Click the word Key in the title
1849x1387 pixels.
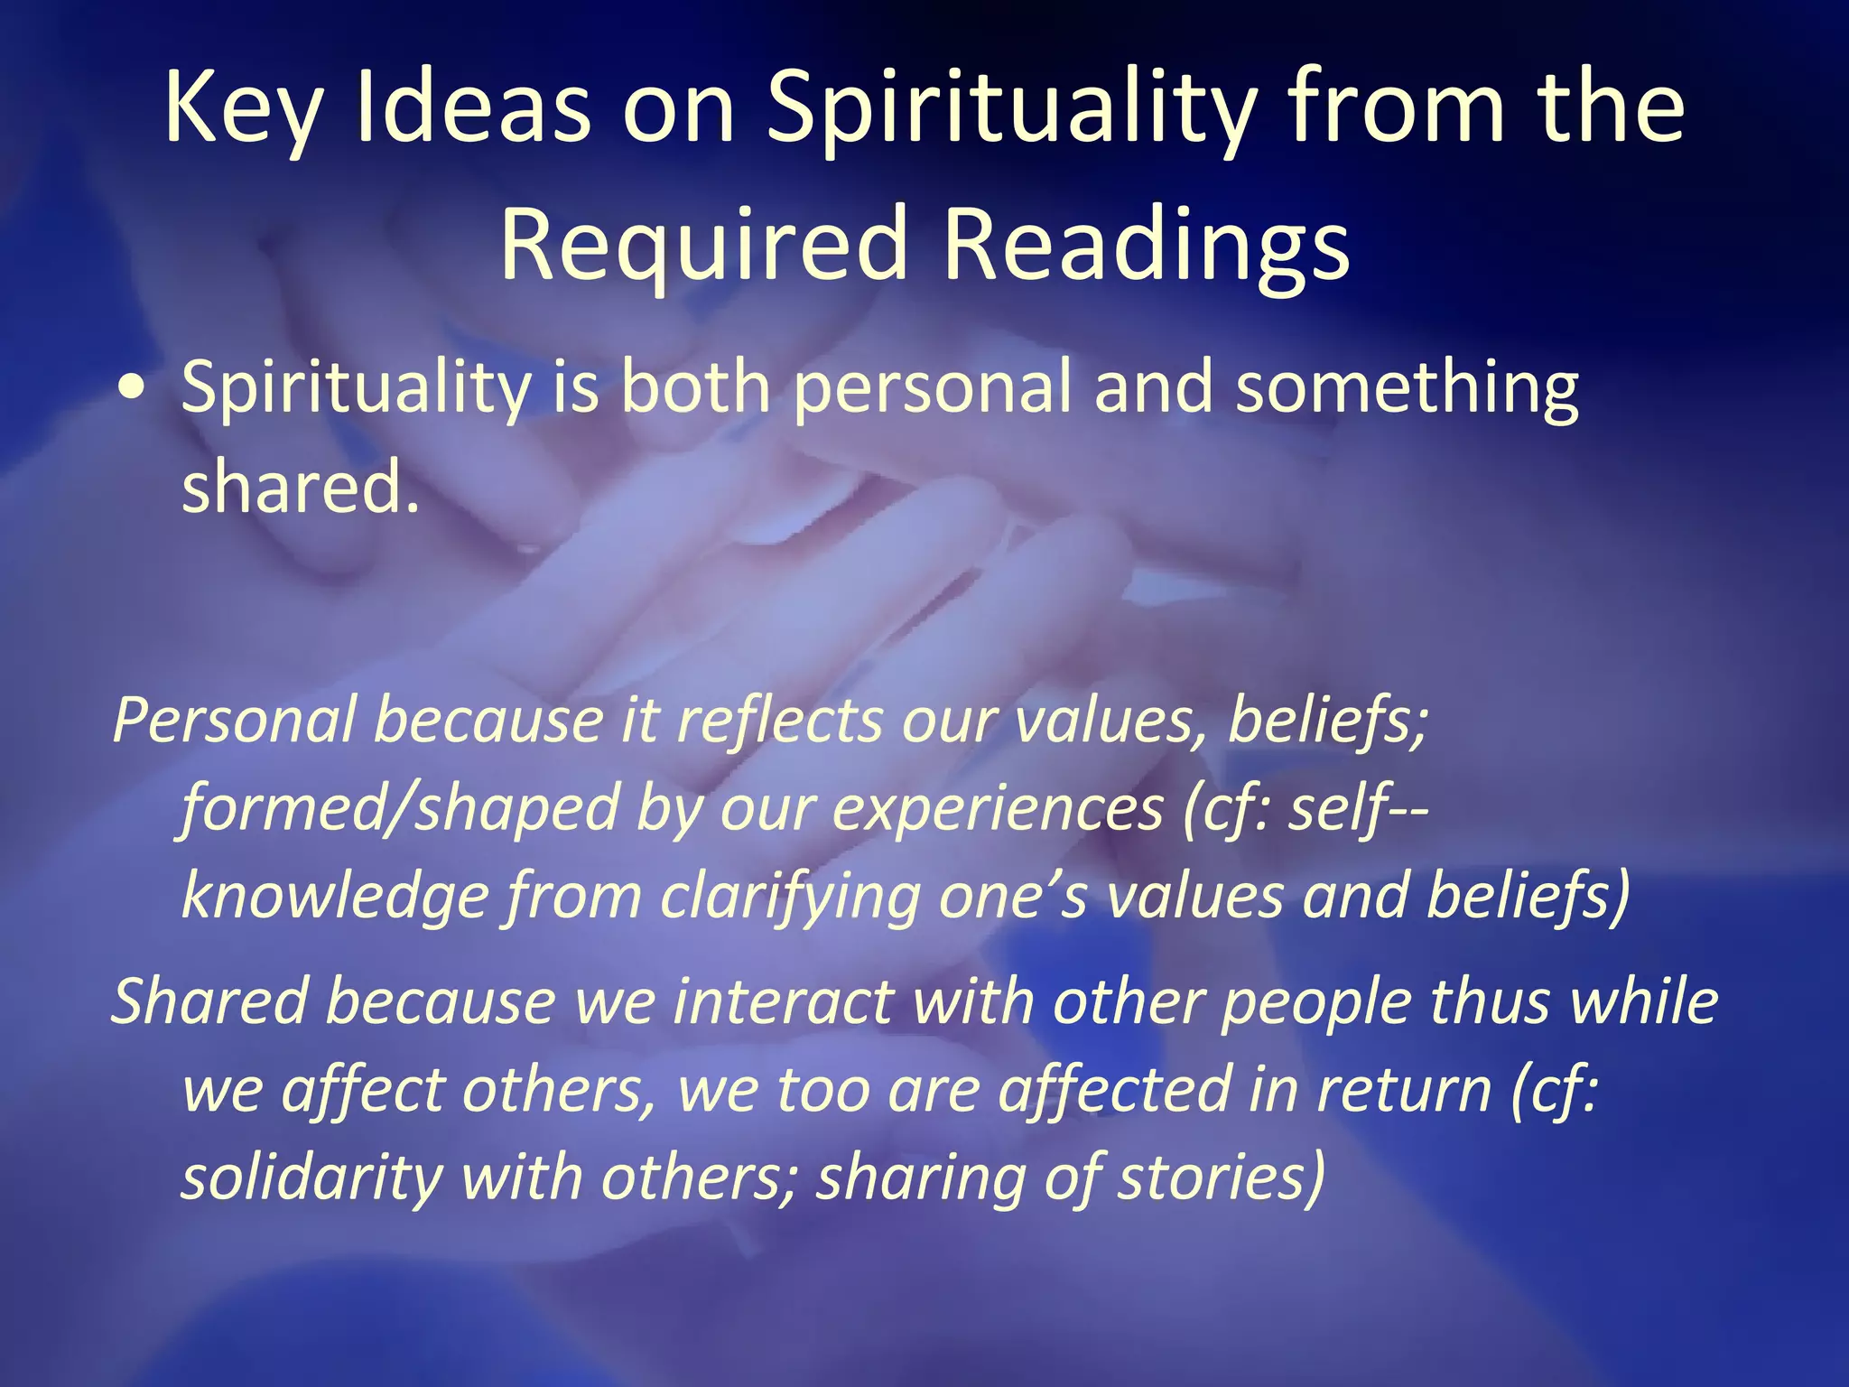[242, 110]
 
